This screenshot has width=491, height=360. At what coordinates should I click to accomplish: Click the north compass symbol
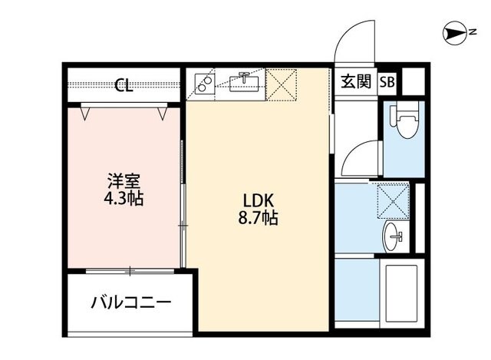pos(458,32)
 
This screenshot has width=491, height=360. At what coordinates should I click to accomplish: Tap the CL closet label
pos(124,85)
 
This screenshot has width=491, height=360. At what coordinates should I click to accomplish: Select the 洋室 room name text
pos(124,182)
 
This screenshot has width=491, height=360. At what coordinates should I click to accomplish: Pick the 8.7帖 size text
pos(258,218)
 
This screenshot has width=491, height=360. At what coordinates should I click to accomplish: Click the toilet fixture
pos(403,120)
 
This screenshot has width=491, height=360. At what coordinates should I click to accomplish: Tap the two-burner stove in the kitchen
pos(204,83)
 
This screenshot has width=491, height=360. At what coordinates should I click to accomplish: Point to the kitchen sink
pos(244,81)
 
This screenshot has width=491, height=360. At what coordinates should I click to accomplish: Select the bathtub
pos(398,295)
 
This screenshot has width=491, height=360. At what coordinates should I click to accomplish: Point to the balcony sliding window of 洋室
pos(130,270)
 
